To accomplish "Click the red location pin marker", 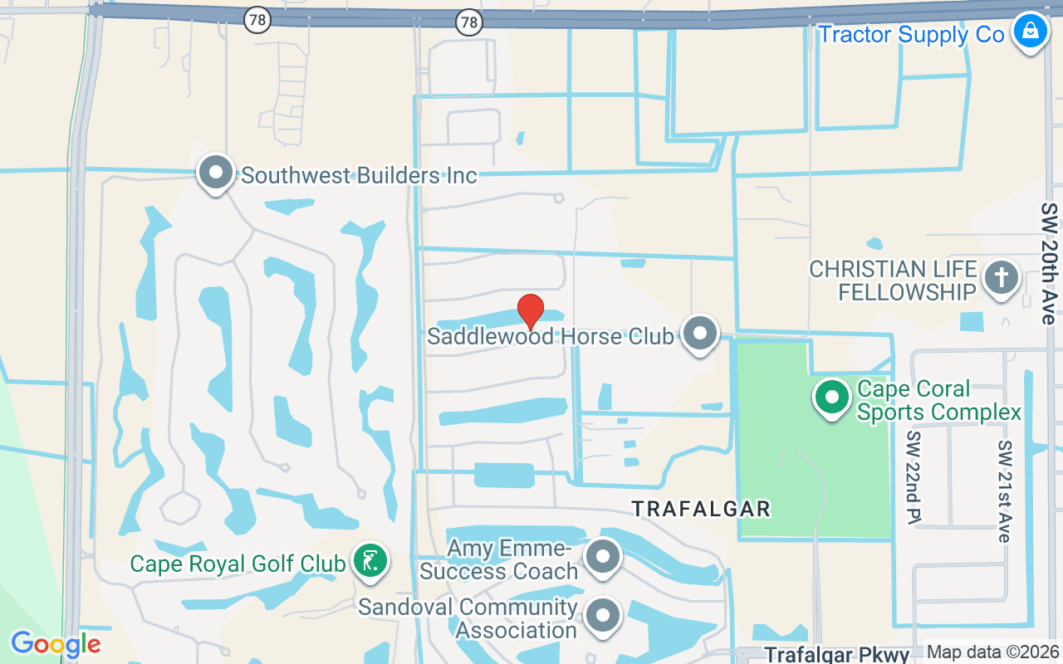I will point(531,311).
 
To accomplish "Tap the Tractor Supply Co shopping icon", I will point(1030,32).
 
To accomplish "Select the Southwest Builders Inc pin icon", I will point(216,173).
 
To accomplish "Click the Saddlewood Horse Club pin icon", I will point(700,334).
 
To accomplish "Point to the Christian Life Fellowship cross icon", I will point(1001,277).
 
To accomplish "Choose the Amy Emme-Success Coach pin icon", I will point(603,558).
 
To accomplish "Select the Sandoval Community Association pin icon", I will point(603,616).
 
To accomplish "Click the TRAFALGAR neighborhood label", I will point(701,509).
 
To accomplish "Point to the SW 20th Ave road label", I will point(1051,263).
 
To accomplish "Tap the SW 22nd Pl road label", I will point(914,477).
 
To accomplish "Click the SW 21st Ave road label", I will point(1005,491).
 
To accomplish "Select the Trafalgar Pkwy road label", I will point(837,654).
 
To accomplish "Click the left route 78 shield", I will point(257,21).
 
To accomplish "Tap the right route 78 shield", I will point(469,22).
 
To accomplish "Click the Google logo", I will point(56,644).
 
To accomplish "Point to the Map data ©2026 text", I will point(992,652).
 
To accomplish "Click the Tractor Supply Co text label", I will point(911,35).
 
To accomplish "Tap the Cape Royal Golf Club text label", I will point(238,564).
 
